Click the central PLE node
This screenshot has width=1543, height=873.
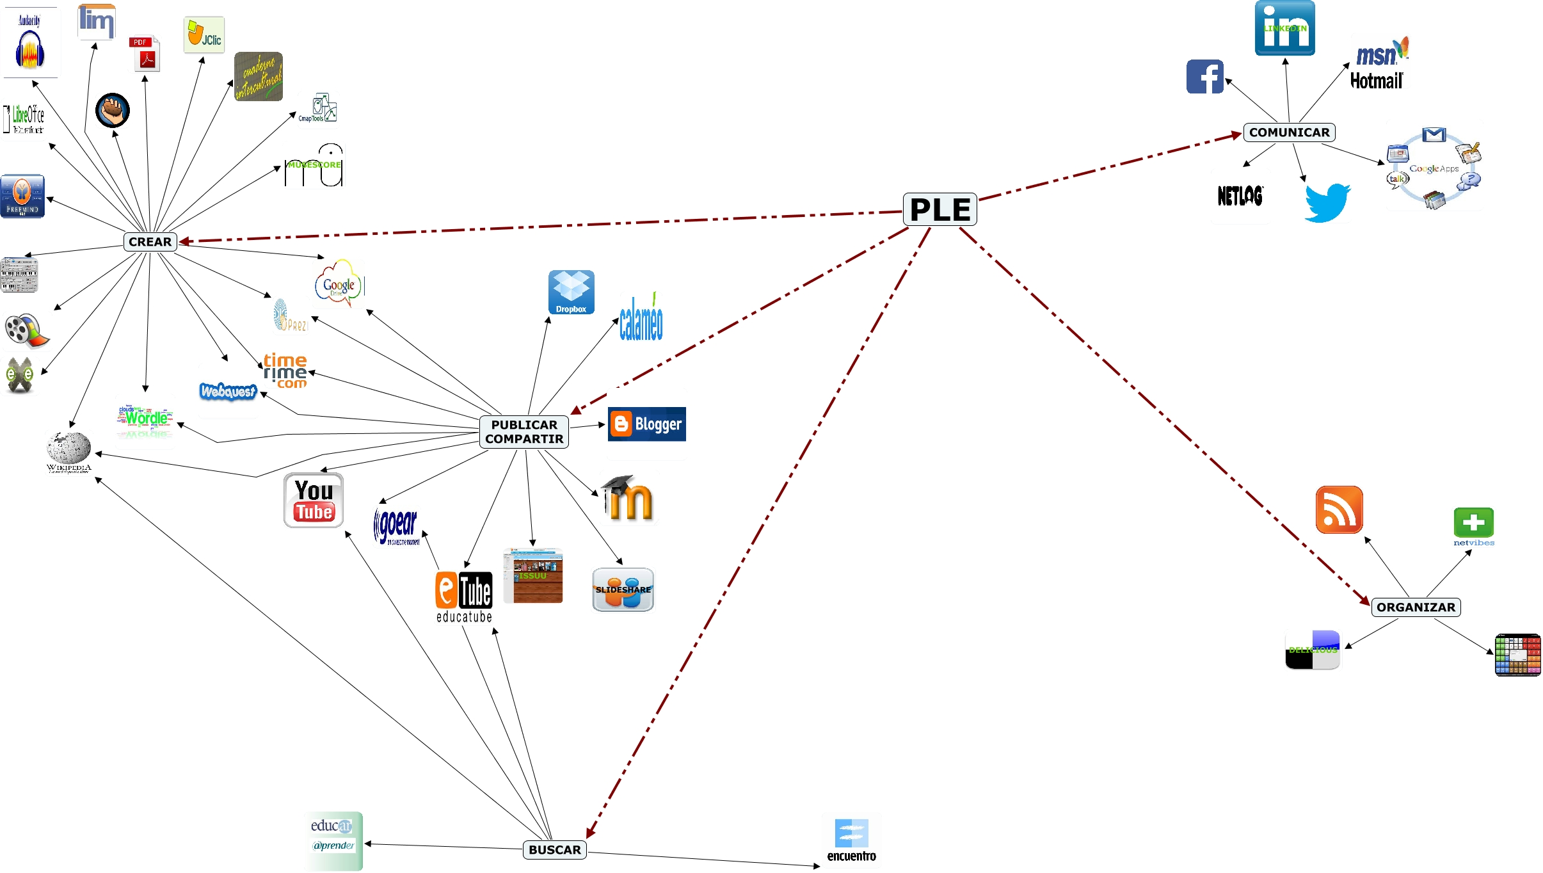[939, 209]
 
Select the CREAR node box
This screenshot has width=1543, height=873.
[150, 242]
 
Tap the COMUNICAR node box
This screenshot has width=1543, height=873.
[1289, 132]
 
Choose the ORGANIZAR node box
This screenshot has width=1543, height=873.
[1416, 607]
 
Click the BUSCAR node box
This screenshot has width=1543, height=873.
[554, 849]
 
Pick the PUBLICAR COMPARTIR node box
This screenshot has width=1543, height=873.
[524, 432]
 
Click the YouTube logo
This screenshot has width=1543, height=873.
[314, 501]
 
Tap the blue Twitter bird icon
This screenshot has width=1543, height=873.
[1327, 202]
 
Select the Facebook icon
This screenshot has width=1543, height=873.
[1204, 77]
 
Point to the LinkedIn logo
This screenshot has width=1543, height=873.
[1284, 28]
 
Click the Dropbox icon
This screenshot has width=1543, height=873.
[571, 292]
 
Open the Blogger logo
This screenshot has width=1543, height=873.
[646, 424]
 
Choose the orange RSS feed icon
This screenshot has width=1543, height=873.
[1339, 509]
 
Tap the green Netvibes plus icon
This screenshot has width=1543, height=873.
[1473, 524]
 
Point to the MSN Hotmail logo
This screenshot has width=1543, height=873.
[1379, 64]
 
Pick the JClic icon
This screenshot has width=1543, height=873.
[204, 35]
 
